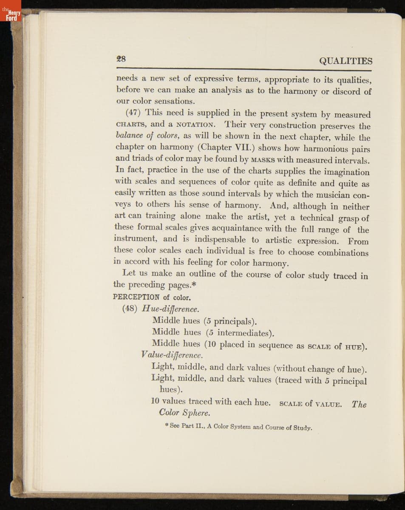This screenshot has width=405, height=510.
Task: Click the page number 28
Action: pyautogui.click(x=121, y=59)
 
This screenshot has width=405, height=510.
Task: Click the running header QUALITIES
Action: pyautogui.click(x=346, y=61)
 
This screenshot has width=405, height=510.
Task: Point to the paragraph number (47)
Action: pyautogui.click(x=134, y=113)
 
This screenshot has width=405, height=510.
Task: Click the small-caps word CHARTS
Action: pyautogui.click(x=131, y=125)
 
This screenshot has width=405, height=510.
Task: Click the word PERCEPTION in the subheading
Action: pyautogui.click(x=136, y=297)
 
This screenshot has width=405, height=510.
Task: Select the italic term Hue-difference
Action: pyautogui.click(x=171, y=309)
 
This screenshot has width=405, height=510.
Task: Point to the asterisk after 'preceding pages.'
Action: pyautogui.click(x=193, y=285)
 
